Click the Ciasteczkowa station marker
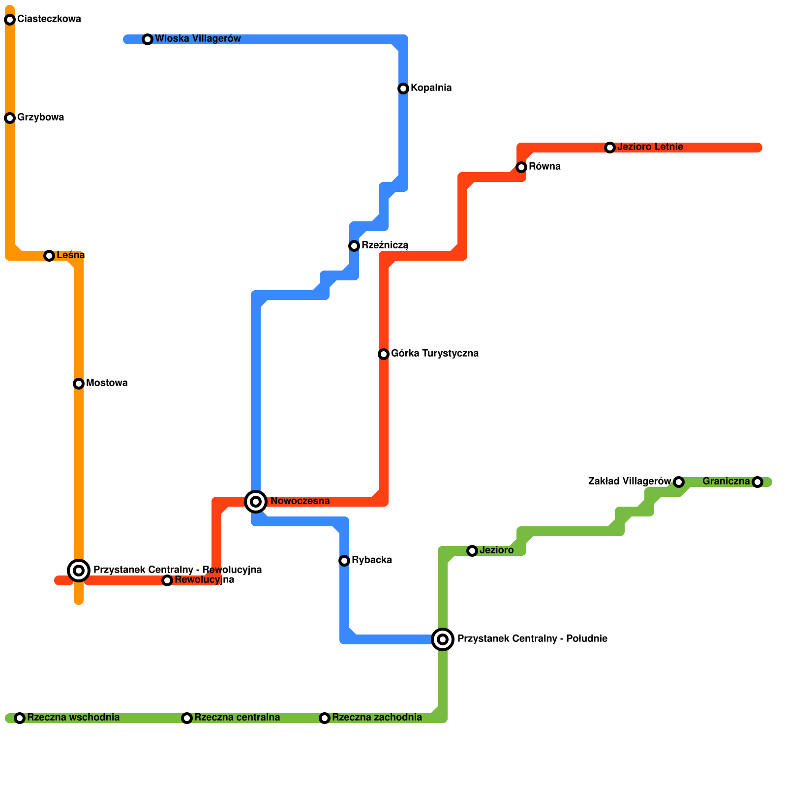[10, 20]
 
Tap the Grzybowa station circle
[10, 118]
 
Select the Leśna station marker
[49, 256]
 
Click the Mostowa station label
[107, 383]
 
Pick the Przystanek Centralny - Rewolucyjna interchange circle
[79, 571]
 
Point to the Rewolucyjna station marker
[167, 580]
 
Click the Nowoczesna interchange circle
[256, 502]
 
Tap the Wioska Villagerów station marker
[148, 39]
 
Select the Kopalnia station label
[431, 88]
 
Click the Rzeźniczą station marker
[354, 246]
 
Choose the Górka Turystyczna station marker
[384, 354]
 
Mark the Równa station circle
[521, 167]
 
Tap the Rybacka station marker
[344, 561]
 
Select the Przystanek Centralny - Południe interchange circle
[443, 639]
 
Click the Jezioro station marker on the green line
[472, 551]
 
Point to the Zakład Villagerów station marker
[679, 482]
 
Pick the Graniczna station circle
[757, 482]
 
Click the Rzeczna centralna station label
[237, 718]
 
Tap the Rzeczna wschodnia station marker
[20, 718]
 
